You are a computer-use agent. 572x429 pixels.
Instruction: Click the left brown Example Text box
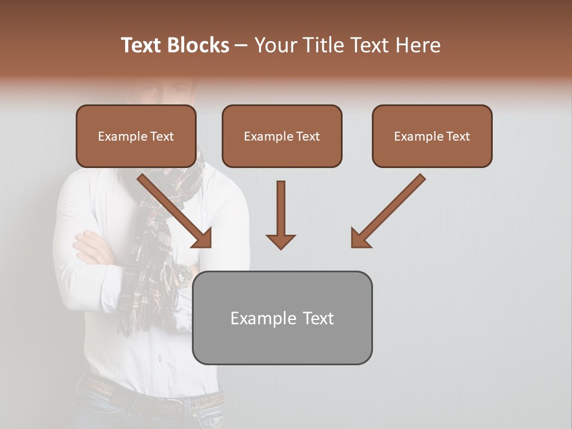136,136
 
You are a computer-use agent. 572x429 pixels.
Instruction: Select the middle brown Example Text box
282,136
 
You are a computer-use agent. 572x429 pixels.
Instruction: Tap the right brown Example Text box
432,136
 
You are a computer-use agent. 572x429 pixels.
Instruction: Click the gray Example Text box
282,318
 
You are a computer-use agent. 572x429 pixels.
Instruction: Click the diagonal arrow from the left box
173,209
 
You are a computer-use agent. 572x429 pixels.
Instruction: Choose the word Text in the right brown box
458,136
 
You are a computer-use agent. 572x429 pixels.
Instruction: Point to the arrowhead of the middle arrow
281,241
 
